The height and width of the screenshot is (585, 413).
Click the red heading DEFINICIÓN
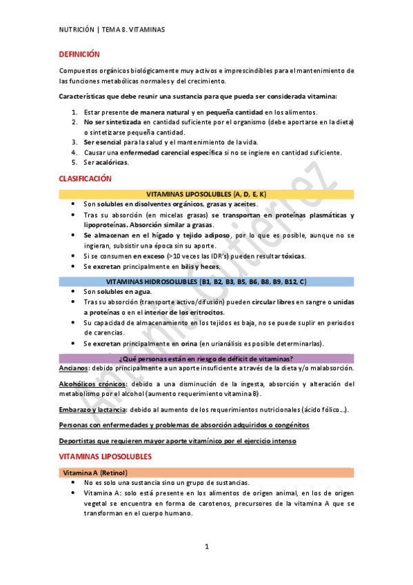click(x=79, y=54)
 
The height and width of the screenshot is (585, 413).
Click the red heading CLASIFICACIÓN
click(x=85, y=179)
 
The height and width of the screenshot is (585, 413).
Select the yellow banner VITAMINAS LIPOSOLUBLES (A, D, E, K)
click(x=207, y=195)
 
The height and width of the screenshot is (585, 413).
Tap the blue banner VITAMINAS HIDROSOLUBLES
click(x=207, y=281)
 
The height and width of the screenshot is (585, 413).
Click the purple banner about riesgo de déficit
click(x=207, y=358)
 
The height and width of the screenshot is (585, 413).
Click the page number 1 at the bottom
click(x=206, y=547)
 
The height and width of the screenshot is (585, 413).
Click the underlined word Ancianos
click(x=73, y=369)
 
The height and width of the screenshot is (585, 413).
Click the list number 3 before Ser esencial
click(x=74, y=142)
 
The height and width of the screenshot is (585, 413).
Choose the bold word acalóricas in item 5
click(x=112, y=163)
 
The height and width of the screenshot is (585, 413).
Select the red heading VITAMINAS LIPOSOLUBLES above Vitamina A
click(x=105, y=457)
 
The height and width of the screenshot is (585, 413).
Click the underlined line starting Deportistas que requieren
click(x=178, y=441)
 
